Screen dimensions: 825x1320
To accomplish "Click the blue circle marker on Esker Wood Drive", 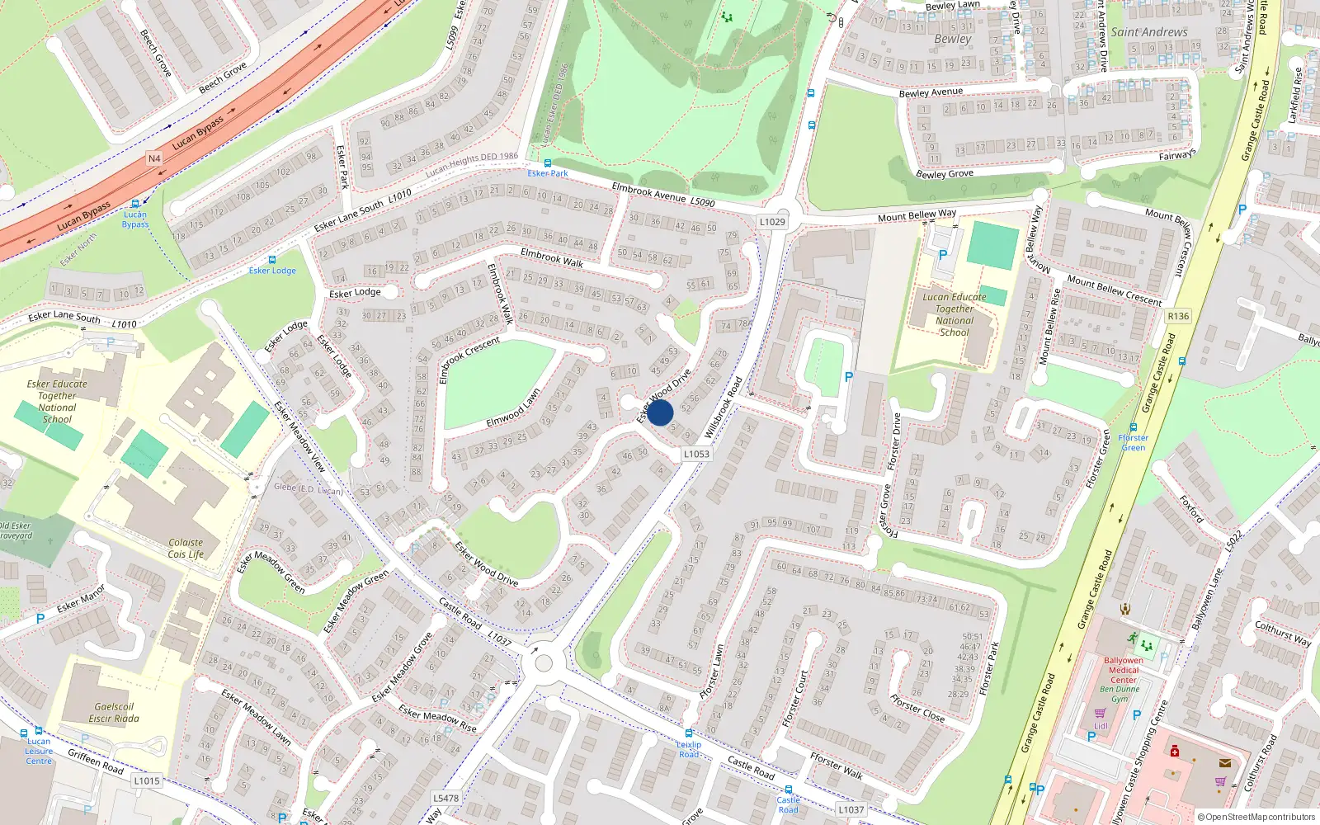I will (x=660, y=412).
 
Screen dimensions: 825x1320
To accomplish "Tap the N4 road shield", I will (x=154, y=158).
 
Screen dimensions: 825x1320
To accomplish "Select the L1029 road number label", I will (x=772, y=221).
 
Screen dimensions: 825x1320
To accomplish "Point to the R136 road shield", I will (x=1178, y=316).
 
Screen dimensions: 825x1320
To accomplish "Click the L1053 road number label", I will (x=696, y=454).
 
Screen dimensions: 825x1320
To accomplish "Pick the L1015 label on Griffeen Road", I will (x=147, y=780).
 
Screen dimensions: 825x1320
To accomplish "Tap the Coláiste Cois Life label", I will (x=186, y=549).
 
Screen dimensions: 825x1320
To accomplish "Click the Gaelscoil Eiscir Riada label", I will (x=114, y=713).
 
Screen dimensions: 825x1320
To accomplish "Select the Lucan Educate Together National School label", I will (x=955, y=314).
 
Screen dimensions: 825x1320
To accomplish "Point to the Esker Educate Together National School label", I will (x=57, y=401).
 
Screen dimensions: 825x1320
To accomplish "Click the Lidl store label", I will (x=1101, y=726).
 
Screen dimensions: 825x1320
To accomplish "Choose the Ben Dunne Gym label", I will (x=1120, y=694).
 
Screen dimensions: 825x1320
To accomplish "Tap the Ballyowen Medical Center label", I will (x=1124, y=670).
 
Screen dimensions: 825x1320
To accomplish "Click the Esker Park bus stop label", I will (x=548, y=173).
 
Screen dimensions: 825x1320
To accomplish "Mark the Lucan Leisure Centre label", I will (x=39, y=751).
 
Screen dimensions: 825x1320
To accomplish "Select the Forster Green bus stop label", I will (x=1133, y=442).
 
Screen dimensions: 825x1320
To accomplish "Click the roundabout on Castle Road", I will (x=543, y=662).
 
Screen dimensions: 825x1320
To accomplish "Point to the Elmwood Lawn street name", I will (x=513, y=408).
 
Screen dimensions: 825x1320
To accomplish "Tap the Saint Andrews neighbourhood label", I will (x=1149, y=32).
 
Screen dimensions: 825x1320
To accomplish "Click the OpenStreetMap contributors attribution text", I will (x=1256, y=817).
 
